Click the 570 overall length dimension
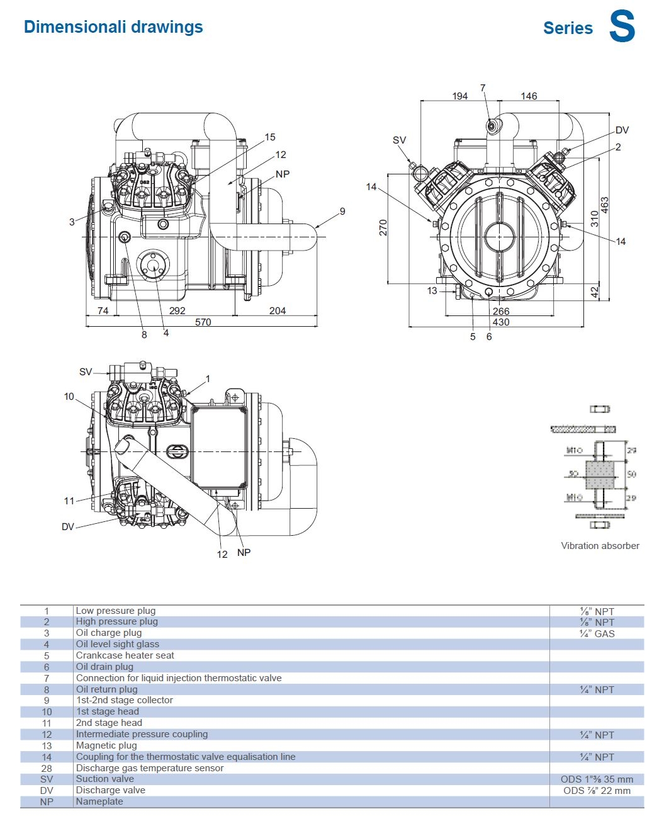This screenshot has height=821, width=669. tap(203, 322)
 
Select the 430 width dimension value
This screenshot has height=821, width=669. tap(501, 322)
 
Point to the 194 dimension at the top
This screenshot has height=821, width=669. tap(460, 96)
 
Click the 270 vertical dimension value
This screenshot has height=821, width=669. tap(383, 228)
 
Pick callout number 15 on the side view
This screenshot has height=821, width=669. tap(270, 137)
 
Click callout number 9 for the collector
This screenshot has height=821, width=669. tap(342, 212)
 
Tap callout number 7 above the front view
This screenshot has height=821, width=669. tap(483, 88)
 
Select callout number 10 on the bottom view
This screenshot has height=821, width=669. tap(69, 397)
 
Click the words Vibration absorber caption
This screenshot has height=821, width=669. tap(600, 546)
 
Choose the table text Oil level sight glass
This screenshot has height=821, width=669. tap(118, 644)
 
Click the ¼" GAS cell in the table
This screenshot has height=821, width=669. tap(597, 633)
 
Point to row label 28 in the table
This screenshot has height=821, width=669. tap(47, 768)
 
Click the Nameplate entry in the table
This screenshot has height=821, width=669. tap(99, 801)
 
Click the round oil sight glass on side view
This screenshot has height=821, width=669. tap(153, 265)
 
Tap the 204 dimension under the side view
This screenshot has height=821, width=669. tap(277, 310)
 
